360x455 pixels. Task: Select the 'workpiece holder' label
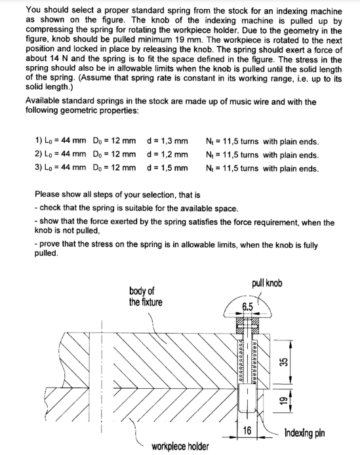pyautogui.click(x=180, y=447)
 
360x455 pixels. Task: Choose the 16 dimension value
pyautogui.click(x=247, y=431)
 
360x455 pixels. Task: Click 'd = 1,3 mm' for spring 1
pyautogui.click(x=168, y=141)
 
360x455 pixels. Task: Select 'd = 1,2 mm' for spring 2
pyautogui.click(x=168, y=155)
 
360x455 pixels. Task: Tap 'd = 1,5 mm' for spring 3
pyautogui.click(x=168, y=168)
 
